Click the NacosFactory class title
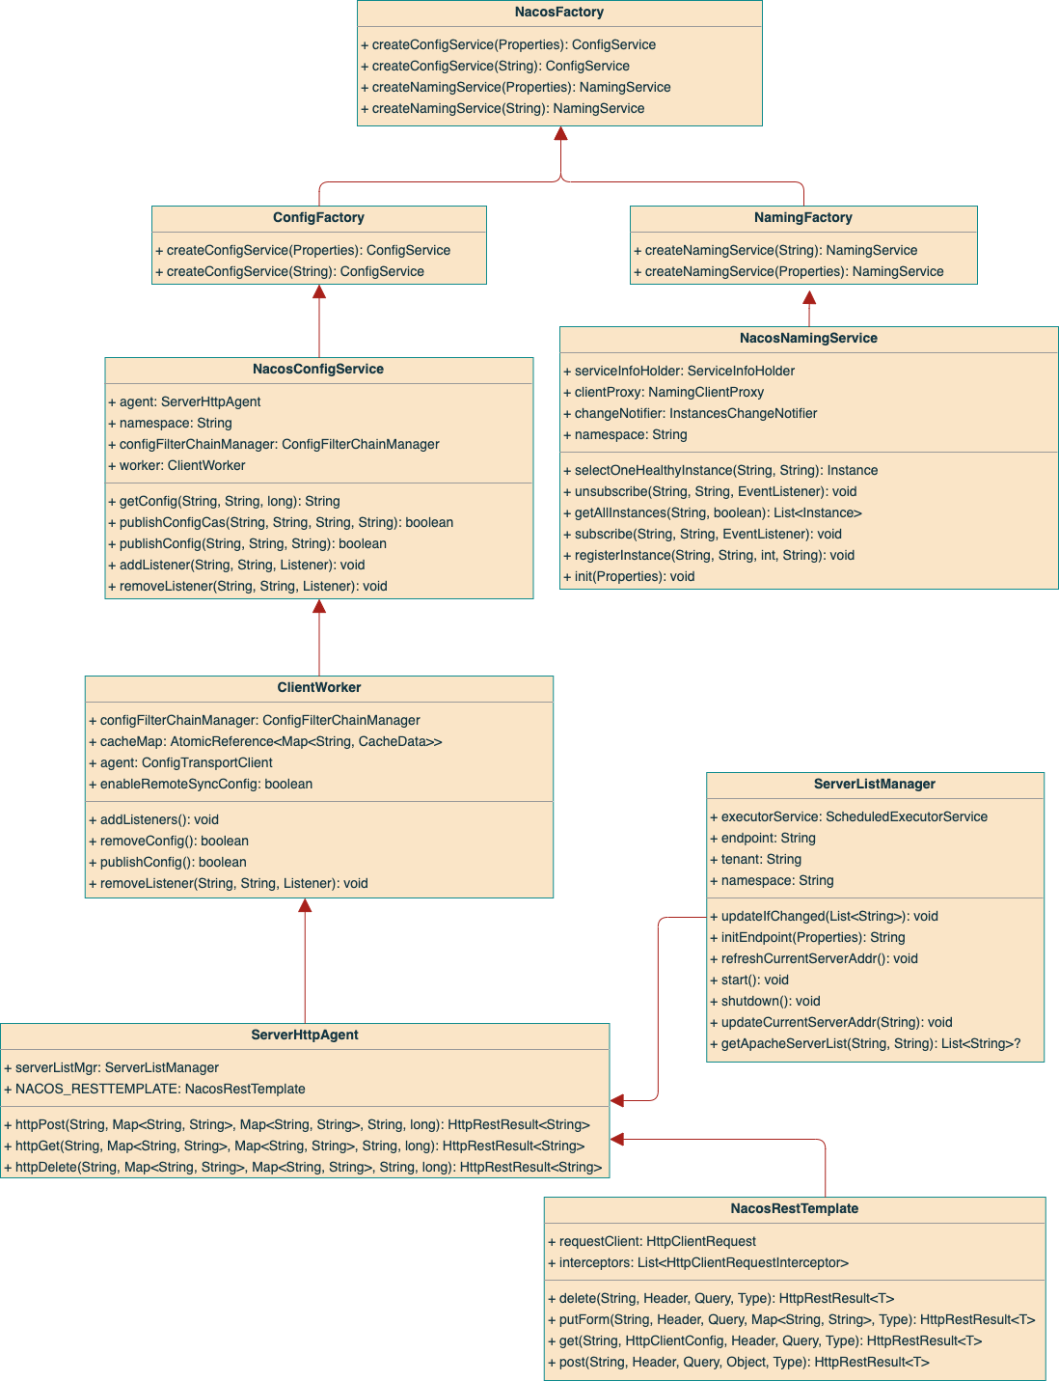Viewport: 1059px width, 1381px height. pos(559,13)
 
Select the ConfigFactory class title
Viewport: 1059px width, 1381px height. pos(318,218)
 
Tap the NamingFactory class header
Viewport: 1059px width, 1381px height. pos(802,218)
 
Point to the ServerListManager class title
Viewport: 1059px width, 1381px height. pos(874,785)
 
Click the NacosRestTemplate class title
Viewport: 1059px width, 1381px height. pos(794,1209)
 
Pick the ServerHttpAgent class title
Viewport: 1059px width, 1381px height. pos(304,1036)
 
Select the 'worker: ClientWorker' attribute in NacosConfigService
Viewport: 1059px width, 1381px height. pos(181,466)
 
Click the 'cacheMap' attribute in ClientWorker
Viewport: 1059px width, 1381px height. pos(270,742)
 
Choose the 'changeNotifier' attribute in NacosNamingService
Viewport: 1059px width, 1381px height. pos(694,414)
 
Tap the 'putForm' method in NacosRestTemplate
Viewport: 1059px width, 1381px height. pos(796,1320)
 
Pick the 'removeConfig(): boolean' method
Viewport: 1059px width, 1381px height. pos(174,842)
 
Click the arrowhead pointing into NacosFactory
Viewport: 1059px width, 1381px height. pos(560,134)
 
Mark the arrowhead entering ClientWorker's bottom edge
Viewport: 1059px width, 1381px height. pos(305,906)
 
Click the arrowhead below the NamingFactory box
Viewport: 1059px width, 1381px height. pos(809,298)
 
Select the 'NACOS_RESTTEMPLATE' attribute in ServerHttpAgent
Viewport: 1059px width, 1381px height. pos(159,1090)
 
